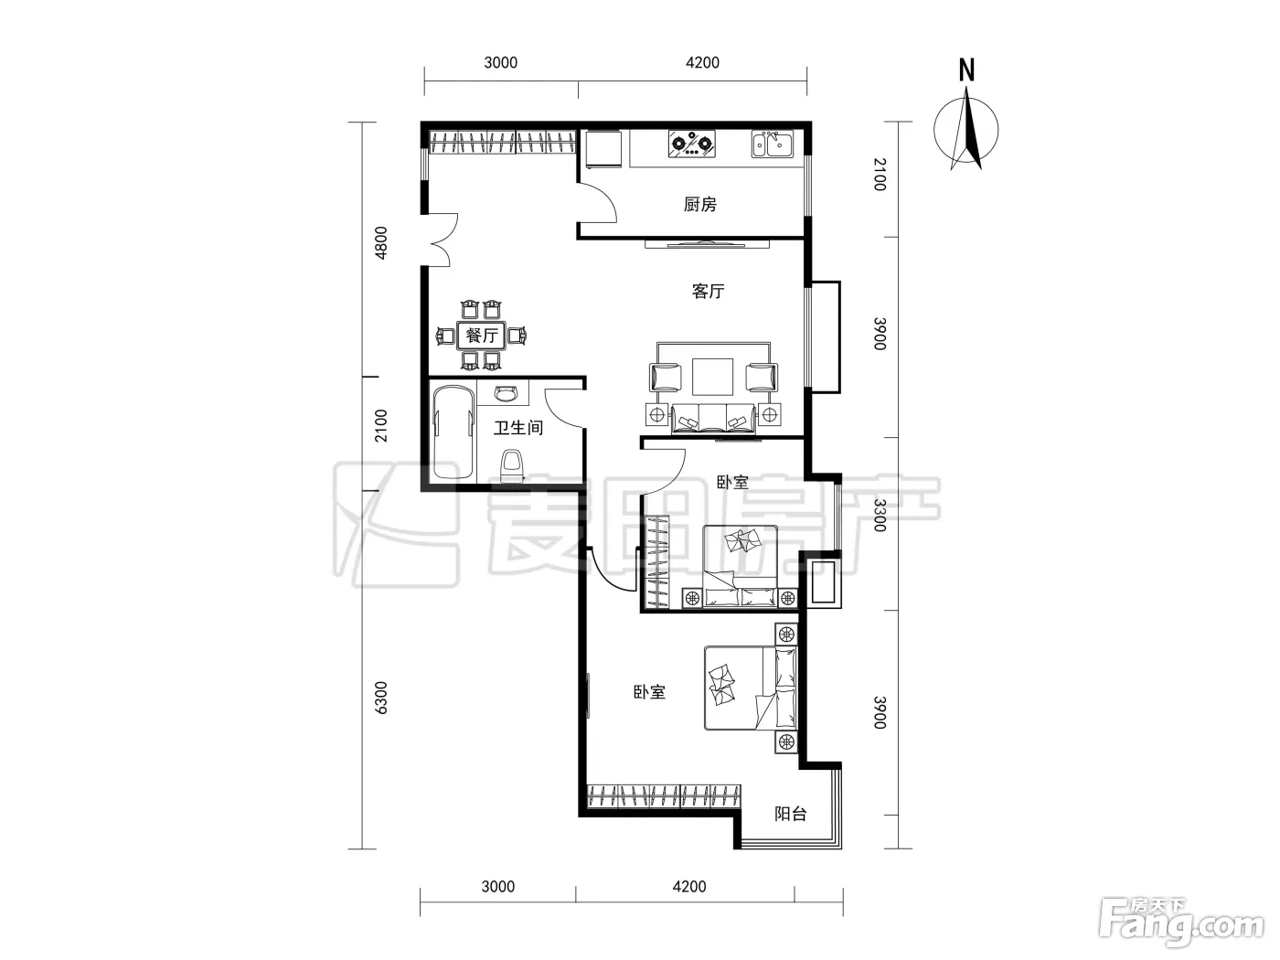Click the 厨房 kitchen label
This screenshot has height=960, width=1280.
point(699,205)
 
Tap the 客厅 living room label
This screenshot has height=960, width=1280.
point(708,291)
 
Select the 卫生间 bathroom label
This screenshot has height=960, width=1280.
point(517,428)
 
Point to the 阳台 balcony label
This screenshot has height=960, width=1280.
point(790,814)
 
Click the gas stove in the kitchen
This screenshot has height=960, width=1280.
point(691,144)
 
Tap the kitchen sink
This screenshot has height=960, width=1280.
point(772,144)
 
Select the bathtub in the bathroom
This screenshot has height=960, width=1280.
point(453,432)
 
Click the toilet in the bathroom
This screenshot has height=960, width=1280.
point(513,465)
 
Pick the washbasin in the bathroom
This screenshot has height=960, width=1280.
point(506,394)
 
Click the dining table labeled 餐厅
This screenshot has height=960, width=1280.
point(481,336)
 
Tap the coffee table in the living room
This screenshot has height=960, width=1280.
point(712,377)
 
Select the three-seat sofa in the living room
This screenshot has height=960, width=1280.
point(713,419)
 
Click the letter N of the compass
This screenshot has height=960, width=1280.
point(966,70)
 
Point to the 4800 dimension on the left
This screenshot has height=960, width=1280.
point(380,242)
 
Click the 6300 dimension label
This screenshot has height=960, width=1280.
point(380,697)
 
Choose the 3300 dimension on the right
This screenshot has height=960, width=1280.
point(880,516)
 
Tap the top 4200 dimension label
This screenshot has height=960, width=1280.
point(702,62)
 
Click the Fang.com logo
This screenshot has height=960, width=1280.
point(1180,925)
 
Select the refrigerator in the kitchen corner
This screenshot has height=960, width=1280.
point(604,149)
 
